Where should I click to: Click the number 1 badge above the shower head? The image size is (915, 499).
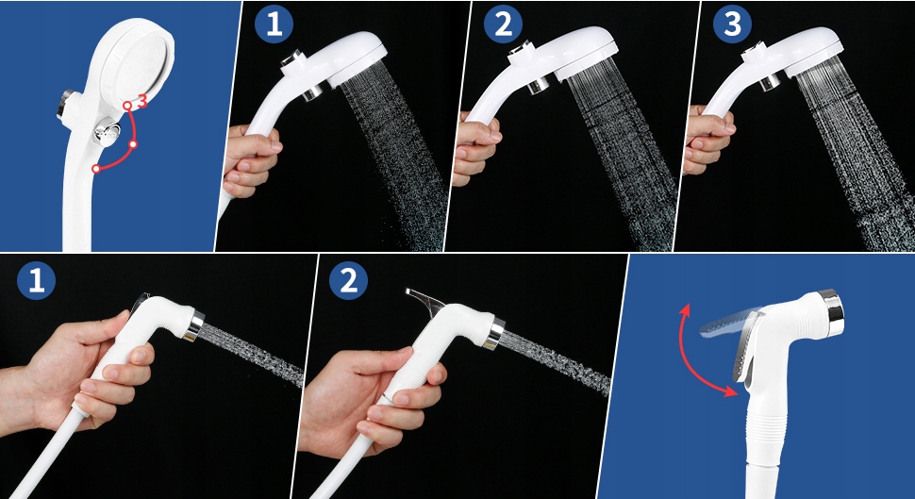click(274, 26)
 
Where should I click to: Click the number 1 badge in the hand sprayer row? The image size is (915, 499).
click(36, 280)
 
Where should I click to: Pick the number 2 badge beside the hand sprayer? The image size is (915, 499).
click(348, 281)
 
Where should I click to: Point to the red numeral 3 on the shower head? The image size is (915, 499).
click(141, 100)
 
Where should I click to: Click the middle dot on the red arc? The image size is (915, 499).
click(133, 144)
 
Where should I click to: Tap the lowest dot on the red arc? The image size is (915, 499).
click(96, 169)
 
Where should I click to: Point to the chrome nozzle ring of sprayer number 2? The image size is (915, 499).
click(495, 334)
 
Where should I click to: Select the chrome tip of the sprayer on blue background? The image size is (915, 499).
click(831, 313)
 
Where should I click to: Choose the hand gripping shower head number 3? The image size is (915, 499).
click(707, 139)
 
